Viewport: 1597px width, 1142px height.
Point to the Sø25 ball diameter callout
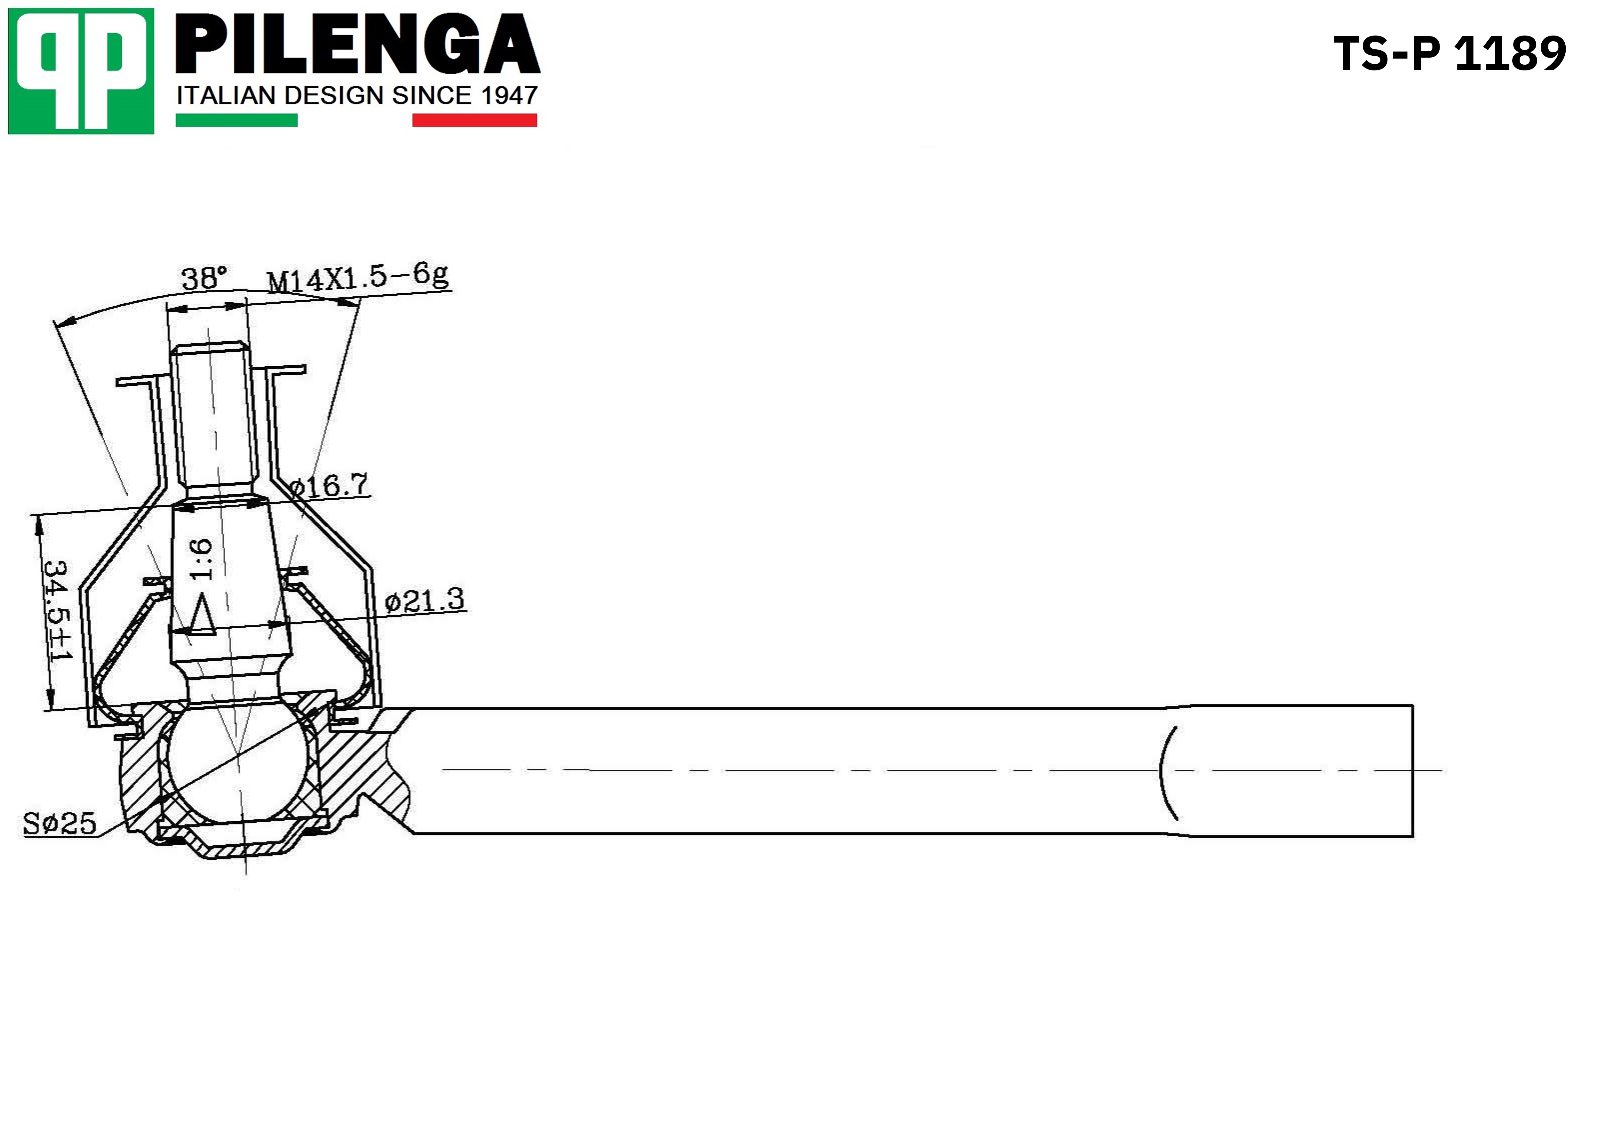coord(59,823)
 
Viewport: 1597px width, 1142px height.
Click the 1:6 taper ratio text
coord(200,560)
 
